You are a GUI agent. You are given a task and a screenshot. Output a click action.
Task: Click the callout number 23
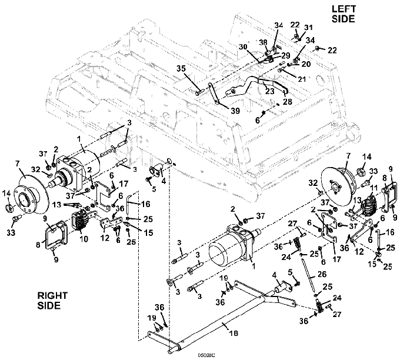[270, 91]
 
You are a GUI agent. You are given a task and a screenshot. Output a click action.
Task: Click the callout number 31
[308, 27]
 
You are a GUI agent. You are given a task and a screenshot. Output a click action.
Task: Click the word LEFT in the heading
[344, 9]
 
